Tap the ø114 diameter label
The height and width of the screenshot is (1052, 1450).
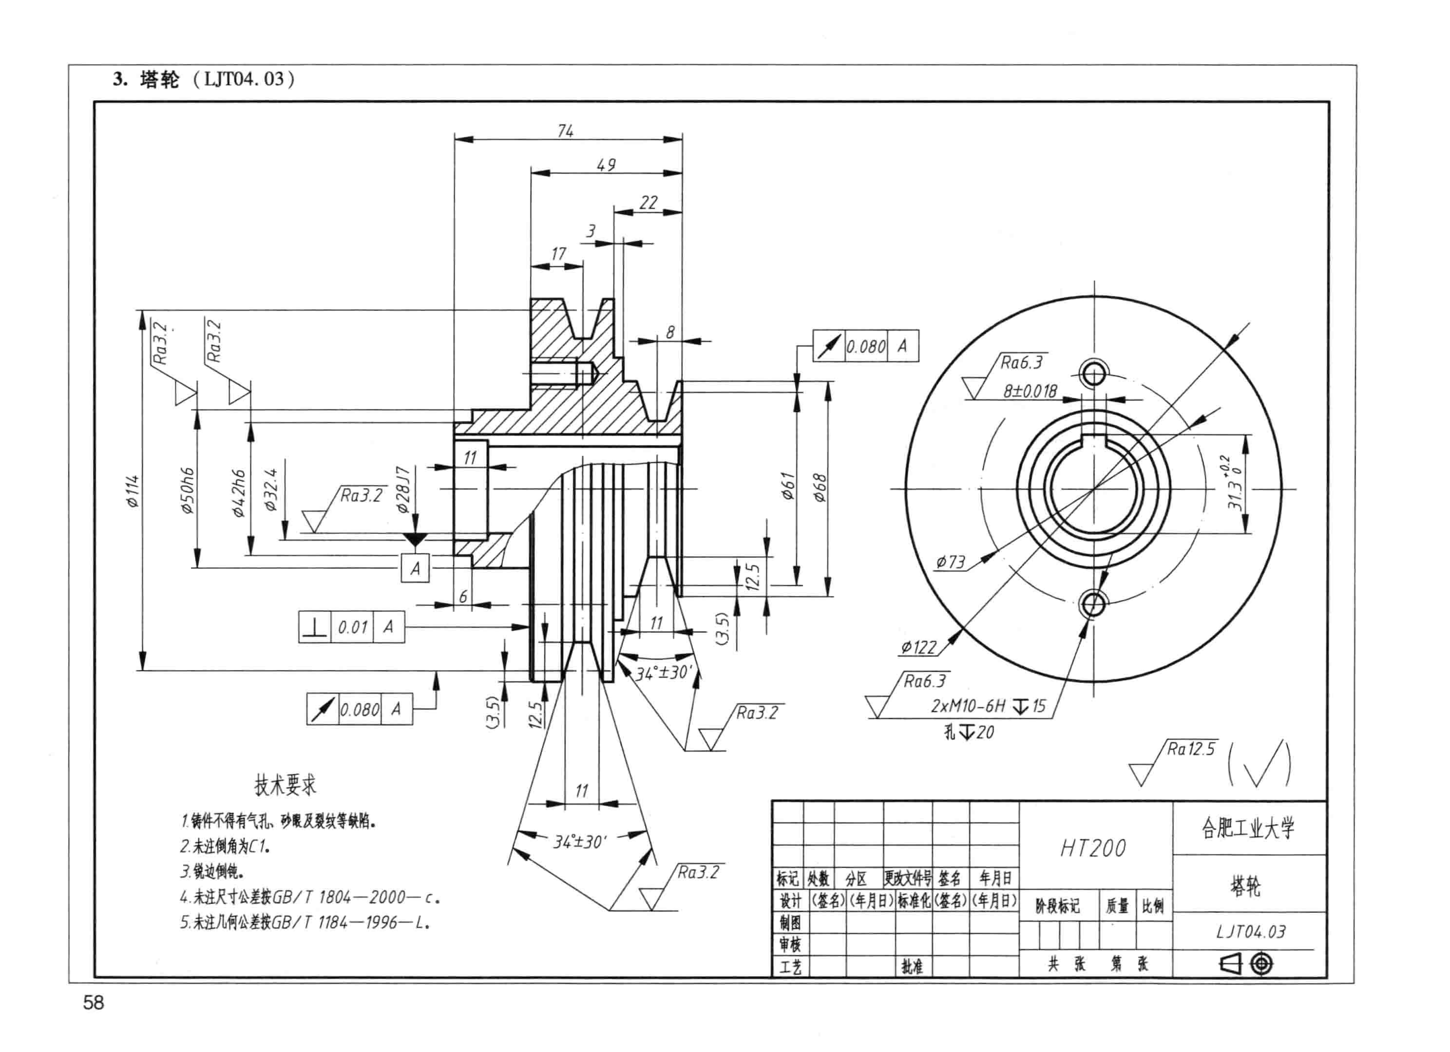coord(133,491)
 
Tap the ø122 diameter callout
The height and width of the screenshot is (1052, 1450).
coord(919,647)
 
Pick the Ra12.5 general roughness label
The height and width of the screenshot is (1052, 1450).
coord(1191,749)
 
